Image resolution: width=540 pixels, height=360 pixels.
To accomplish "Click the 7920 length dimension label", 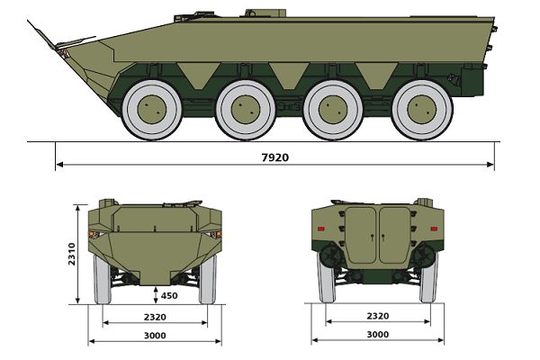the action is click(275, 157).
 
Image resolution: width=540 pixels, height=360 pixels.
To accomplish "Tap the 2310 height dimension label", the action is click(72, 254).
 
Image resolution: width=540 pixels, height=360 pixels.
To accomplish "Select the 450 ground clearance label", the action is click(169, 295).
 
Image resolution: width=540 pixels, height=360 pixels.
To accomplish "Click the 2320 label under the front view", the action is click(155, 317).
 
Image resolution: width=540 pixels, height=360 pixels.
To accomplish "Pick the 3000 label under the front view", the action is click(155, 336).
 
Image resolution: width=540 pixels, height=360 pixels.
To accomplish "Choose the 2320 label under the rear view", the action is click(378, 316).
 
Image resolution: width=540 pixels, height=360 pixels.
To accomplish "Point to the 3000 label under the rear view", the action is click(378, 335).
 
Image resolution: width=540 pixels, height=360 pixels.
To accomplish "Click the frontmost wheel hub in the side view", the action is click(152, 110).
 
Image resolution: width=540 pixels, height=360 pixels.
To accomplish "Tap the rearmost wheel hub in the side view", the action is click(422, 110).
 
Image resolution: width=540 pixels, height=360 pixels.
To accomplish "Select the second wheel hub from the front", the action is click(246, 110).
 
